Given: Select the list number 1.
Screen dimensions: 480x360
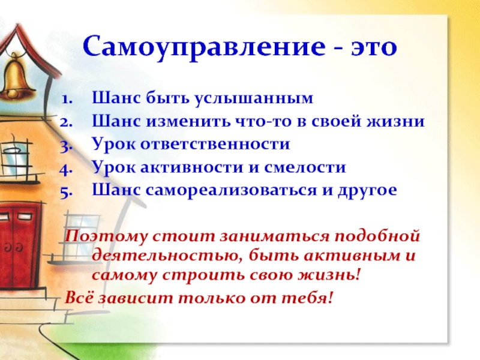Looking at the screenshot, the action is pos(67,99).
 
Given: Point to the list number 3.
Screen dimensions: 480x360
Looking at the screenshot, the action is pos(67,146).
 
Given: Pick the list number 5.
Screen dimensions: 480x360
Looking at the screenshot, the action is pos(67,192).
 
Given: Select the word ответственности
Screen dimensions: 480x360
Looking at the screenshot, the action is pos(215,144).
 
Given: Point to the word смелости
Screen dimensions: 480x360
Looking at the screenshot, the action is pos(305,167).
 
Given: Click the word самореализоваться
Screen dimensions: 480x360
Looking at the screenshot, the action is pos(231,190).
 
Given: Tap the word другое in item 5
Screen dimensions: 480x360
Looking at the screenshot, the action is pos(367,191).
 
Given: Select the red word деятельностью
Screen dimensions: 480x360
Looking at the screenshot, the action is pos(167,256).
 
